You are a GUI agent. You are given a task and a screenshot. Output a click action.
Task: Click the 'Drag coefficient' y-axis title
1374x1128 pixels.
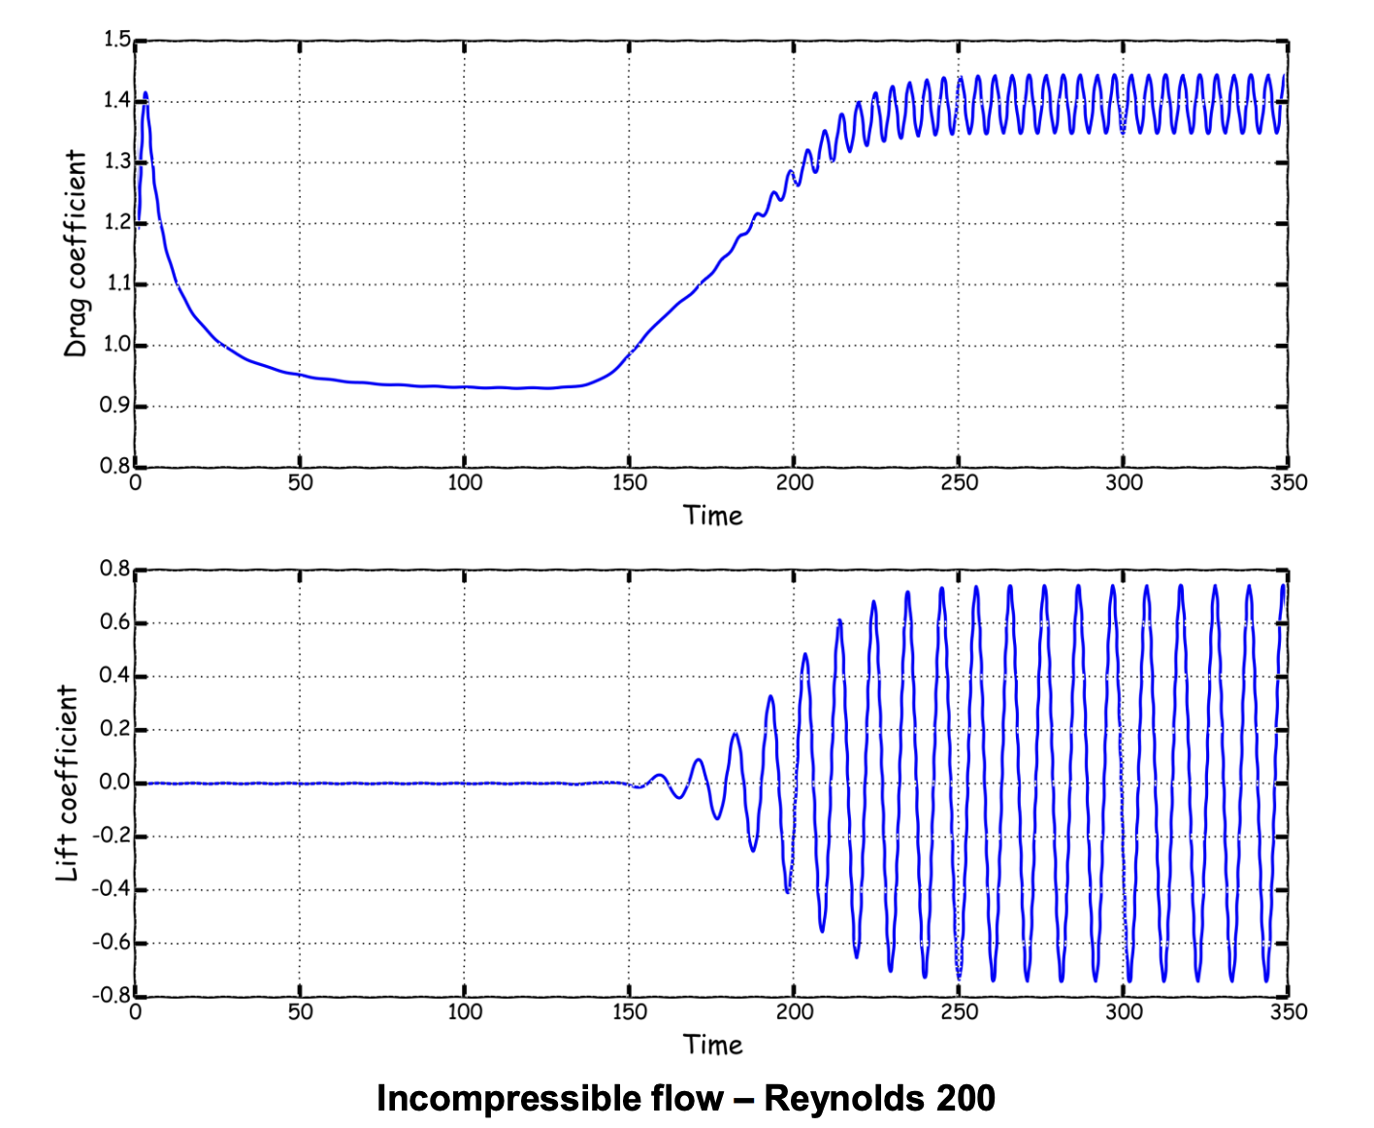click(76, 254)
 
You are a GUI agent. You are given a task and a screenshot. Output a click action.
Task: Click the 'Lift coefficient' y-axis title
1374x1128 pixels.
click(67, 783)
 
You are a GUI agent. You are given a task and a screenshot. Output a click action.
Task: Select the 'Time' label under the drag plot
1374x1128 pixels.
click(712, 515)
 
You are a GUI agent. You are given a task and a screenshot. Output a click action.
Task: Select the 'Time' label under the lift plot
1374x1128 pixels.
click(712, 1045)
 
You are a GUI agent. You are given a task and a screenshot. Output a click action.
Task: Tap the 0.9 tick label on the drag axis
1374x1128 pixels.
click(115, 406)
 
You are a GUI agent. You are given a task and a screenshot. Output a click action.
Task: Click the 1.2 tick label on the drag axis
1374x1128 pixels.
click(115, 222)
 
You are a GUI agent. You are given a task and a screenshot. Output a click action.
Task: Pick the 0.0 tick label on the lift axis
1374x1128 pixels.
click(114, 782)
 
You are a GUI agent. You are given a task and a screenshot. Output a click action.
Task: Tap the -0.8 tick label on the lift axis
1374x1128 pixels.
click(112, 995)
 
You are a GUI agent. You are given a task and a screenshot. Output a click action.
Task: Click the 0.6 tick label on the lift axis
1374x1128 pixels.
click(114, 622)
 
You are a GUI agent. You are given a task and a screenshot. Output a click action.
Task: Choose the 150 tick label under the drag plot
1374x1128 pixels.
click(629, 482)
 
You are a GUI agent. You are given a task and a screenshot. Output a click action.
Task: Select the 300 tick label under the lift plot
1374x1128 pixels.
click(1123, 1012)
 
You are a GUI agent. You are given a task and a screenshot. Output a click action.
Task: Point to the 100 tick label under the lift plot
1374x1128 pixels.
click(464, 1012)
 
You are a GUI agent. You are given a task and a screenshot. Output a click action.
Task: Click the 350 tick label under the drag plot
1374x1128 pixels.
click(1289, 482)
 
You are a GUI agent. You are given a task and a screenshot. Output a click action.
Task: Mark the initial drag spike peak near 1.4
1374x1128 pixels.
click(146, 95)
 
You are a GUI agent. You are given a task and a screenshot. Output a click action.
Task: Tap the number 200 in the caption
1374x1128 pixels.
click(965, 1098)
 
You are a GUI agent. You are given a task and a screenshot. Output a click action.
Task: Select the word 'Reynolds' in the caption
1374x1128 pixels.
click(843, 1098)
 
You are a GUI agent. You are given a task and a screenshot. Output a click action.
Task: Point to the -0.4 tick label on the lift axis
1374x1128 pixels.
click(112, 889)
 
